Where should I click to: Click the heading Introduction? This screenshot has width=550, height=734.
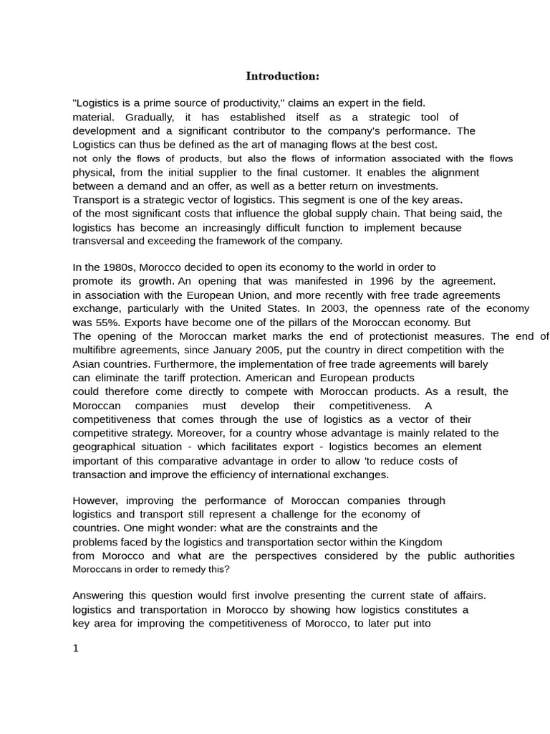pyautogui.click(x=283, y=76)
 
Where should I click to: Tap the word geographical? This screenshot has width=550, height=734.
pyautogui.click(x=102, y=447)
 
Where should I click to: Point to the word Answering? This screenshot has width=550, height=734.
pyautogui.click(x=99, y=596)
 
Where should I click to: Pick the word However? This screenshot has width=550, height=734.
pyautogui.click(x=95, y=500)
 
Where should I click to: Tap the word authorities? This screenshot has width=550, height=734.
pyautogui.click(x=487, y=556)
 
